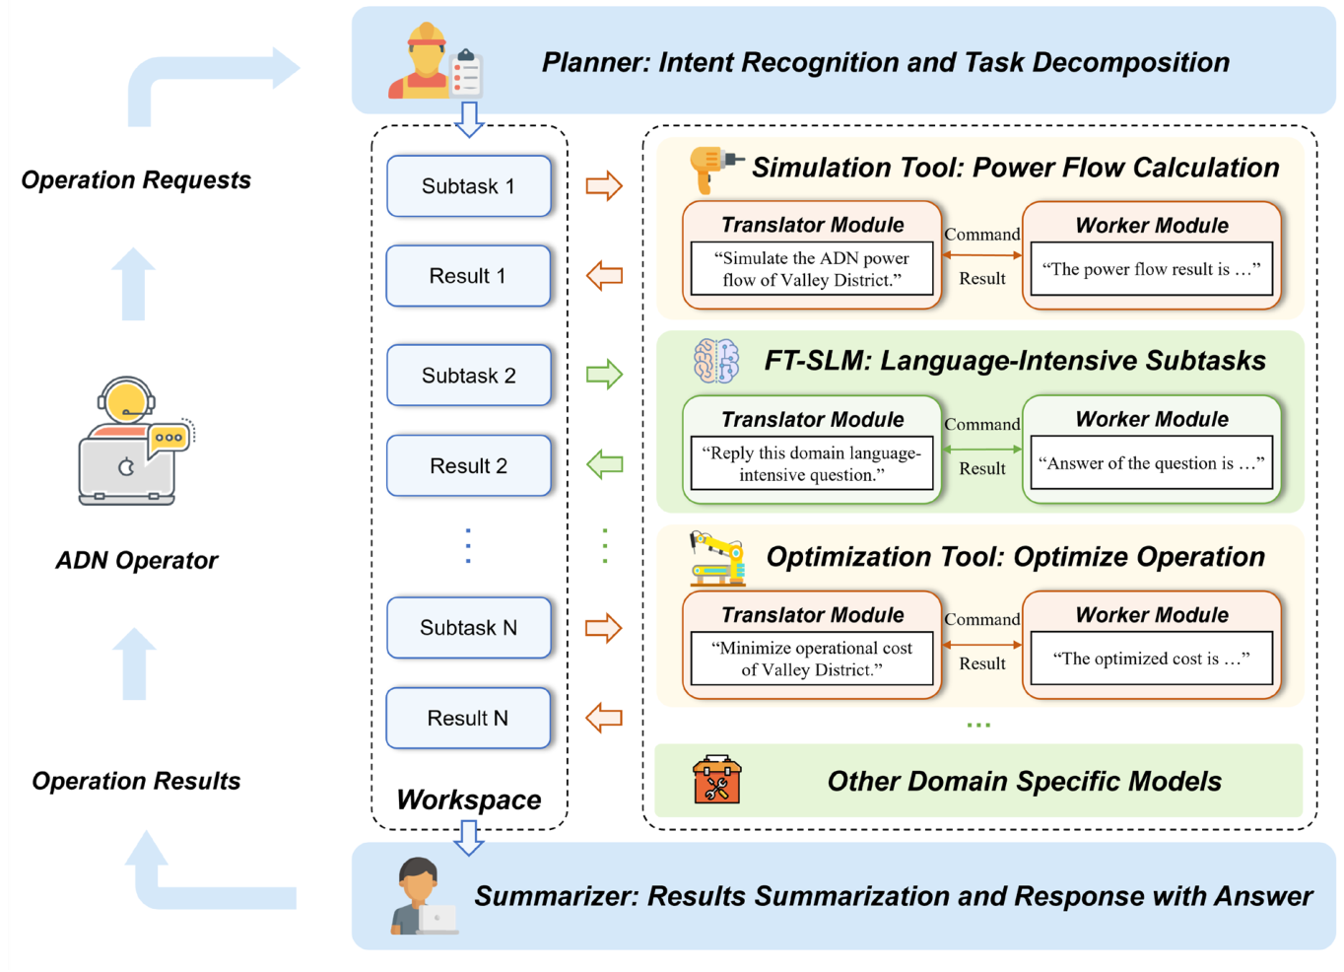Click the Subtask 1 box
point(468,186)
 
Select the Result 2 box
point(468,465)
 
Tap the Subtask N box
point(468,628)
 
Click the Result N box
point(468,719)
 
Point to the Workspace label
point(468,799)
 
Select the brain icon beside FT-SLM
point(716,361)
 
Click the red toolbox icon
point(716,781)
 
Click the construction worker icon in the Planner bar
point(428,61)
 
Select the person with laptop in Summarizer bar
point(422,896)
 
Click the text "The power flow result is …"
point(1151,269)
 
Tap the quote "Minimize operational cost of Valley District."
point(812,659)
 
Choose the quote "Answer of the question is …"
point(1151,463)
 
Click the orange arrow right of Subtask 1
point(604,185)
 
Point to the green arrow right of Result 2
point(604,463)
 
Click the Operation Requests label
point(136,180)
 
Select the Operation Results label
point(136,781)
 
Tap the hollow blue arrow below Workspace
point(469,837)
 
